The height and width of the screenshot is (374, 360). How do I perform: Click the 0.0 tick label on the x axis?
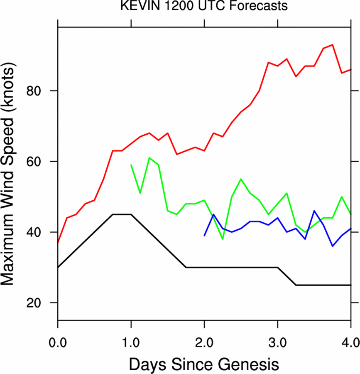(x=58, y=332)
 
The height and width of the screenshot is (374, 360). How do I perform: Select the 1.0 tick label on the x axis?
(x=131, y=332)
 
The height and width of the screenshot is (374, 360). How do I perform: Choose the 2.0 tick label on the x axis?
(x=204, y=332)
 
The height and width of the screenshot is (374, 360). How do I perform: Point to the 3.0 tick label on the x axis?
(x=277, y=332)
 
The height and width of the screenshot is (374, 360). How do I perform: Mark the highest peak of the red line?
(x=333, y=44)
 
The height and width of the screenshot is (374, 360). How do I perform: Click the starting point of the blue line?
(x=204, y=236)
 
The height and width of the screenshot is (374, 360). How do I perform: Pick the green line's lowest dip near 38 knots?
(x=223, y=239)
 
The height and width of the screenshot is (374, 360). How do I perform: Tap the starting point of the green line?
(x=131, y=165)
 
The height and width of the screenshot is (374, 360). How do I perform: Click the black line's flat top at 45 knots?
(x=122, y=214)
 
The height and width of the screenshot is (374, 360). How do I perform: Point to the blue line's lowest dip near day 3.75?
(x=333, y=246)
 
